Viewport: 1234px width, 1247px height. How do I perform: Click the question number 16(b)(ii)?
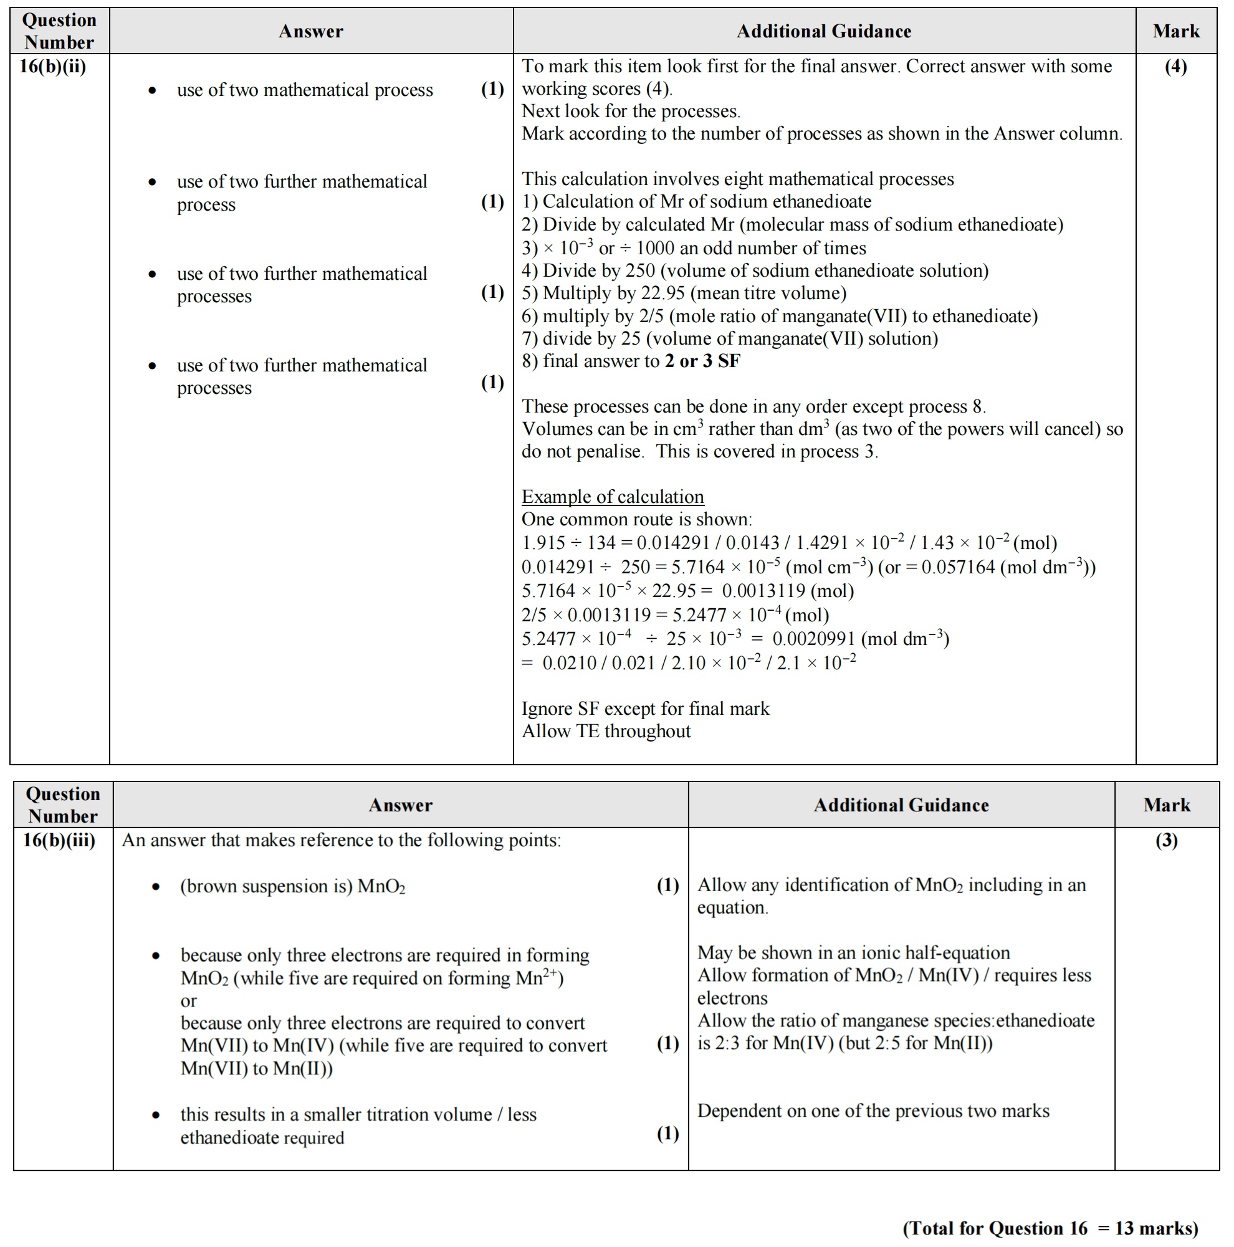tap(52, 67)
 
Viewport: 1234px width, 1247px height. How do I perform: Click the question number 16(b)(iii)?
tap(59, 840)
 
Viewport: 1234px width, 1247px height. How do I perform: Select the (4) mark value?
tap(1175, 67)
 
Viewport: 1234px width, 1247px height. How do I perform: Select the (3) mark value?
tap(1166, 840)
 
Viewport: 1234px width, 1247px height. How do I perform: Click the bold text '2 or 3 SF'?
tap(702, 361)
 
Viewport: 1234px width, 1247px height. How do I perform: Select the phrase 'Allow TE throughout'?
tap(606, 730)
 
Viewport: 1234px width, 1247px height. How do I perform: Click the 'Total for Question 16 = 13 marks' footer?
tap(1050, 1228)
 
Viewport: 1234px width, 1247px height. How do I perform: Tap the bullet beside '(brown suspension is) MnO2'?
tap(156, 887)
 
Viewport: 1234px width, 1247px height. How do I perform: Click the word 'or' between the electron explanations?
tap(188, 1000)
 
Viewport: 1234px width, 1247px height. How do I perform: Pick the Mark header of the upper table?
tap(1176, 31)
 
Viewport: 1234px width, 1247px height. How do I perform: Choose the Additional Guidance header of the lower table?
tap(901, 805)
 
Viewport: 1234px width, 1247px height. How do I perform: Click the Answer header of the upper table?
tap(310, 31)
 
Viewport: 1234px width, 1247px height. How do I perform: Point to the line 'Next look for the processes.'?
tap(631, 111)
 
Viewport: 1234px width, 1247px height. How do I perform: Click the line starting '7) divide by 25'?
tap(729, 338)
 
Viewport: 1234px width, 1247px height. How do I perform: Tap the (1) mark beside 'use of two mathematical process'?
tap(492, 88)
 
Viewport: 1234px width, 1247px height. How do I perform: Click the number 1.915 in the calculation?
tap(543, 543)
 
